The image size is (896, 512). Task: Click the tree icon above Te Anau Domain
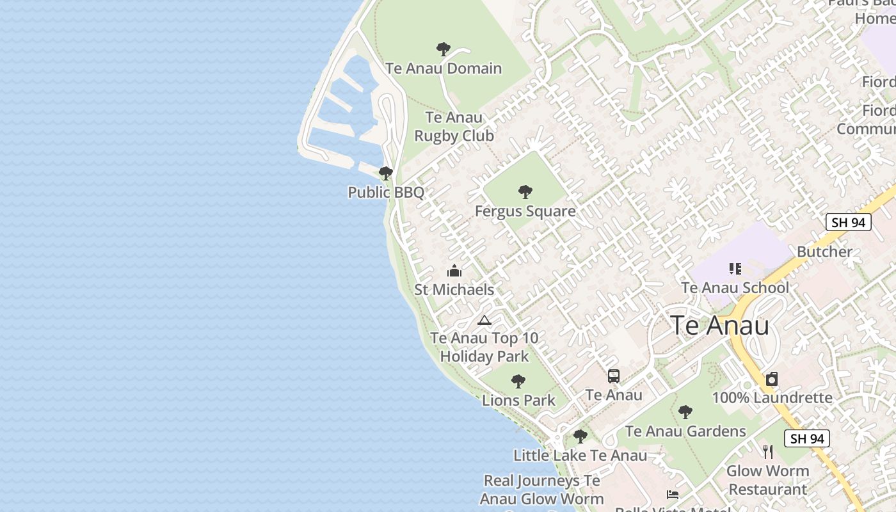click(443, 49)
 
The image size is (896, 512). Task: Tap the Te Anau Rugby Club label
click(454, 127)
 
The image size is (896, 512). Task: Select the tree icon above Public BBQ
click(385, 173)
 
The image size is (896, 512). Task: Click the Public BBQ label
click(386, 192)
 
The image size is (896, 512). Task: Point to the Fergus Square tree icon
click(525, 192)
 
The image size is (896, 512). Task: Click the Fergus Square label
click(525, 211)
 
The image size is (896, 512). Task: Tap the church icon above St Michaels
click(454, 271)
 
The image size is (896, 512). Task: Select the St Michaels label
click(454, 289)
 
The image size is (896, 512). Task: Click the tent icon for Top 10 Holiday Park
click(484, 320)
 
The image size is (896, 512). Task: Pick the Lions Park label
click(518, 401)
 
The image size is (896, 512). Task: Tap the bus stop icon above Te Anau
click(614, 376)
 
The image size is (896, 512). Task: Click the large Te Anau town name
click(720, 326)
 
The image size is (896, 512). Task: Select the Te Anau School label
click(735, 288)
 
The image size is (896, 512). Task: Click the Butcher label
click(824, 252)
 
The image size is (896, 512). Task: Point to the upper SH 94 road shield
click(848, 222)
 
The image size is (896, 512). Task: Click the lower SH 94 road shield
click(807, 438)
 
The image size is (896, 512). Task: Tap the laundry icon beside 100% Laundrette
click(772, 379)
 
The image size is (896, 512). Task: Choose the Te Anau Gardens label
click(685, 431)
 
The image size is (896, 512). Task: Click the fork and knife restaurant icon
click(768, 452)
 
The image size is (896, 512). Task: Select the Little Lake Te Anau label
click(580, 456)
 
